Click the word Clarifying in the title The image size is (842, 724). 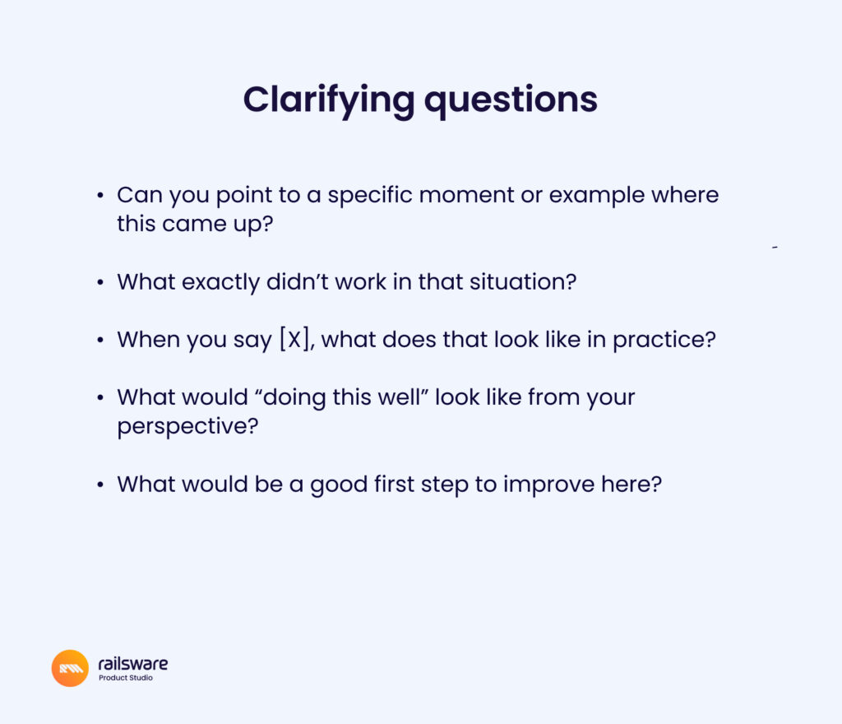329,100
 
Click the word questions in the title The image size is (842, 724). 511,100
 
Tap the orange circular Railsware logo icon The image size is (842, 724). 70,668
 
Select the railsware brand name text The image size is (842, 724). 132,663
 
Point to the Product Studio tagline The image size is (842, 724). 126,678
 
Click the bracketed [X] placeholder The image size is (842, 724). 294,340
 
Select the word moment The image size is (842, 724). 467,196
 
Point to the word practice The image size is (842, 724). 664,341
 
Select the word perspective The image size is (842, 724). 188,427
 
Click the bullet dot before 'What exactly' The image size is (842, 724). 100,282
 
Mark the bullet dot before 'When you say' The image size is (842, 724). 100,341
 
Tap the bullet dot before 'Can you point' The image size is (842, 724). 100,196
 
